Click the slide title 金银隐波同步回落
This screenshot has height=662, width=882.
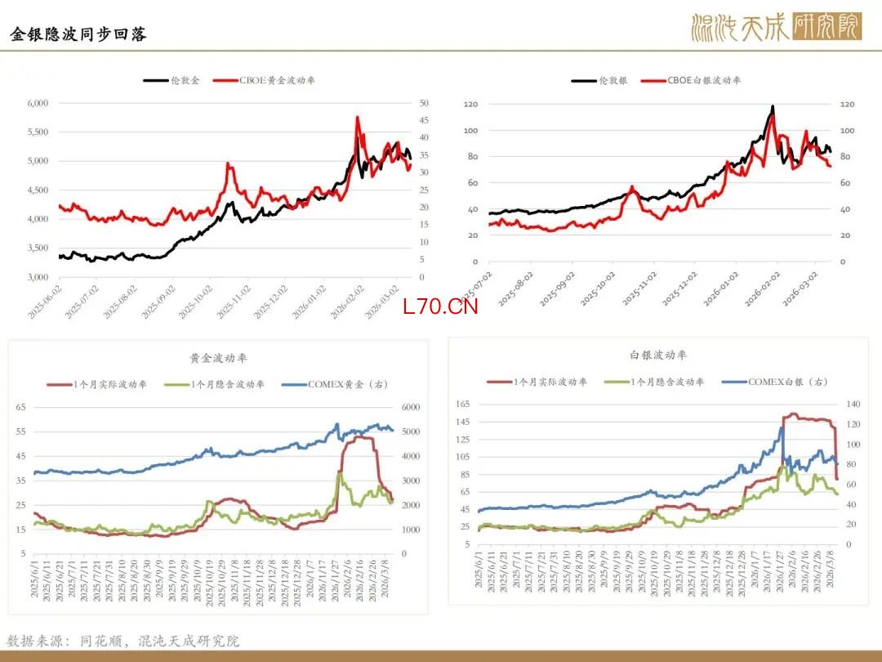click(78, 34)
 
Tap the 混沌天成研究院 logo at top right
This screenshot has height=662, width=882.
click(775, 27)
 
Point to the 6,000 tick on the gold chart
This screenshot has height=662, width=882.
click(38, 103)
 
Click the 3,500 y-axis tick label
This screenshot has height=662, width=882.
click(38, 248)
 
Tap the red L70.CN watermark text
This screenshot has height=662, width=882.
click(440, 306)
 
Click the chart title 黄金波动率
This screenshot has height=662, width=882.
click(218, 358)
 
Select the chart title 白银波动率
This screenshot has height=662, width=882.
click(658, 355)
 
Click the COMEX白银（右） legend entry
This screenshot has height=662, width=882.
click(788, 382)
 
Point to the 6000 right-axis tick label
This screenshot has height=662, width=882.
click(409, 407)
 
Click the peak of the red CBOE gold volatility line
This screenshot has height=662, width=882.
click(358, 118)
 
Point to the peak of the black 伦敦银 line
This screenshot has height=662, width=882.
click(773, 106)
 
